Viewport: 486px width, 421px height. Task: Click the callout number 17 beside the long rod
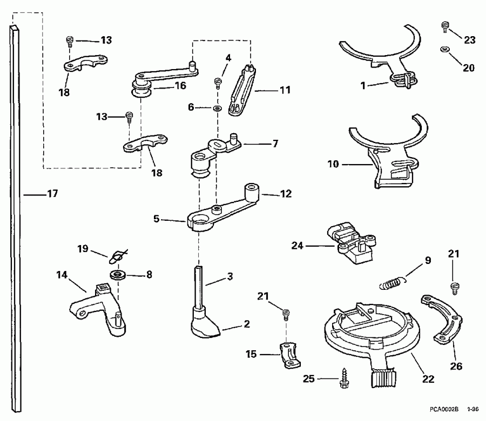pos(52,193)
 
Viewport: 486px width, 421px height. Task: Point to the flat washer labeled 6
pos(217,108)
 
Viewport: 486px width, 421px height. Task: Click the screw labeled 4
pos(219,83)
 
